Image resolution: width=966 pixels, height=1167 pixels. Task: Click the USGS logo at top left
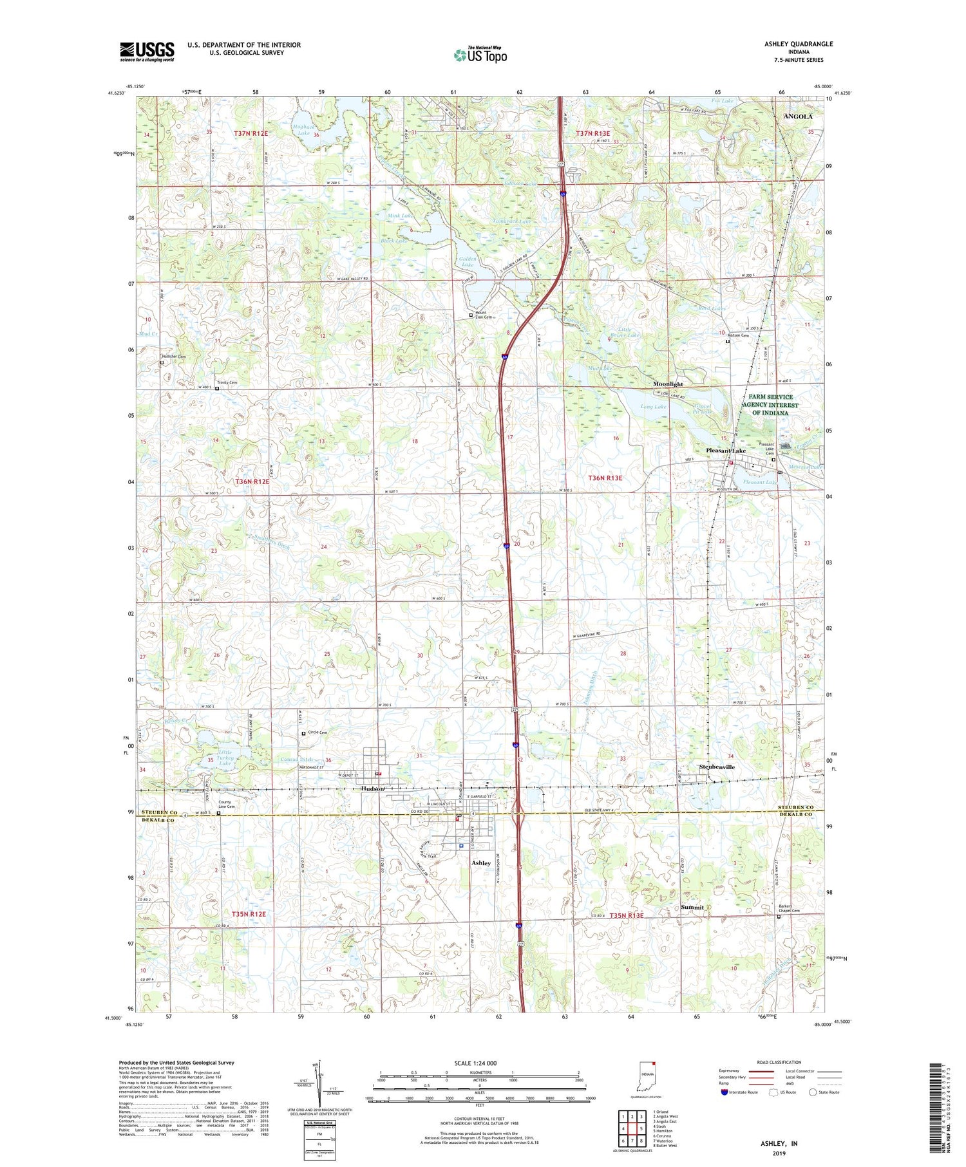(147, 51)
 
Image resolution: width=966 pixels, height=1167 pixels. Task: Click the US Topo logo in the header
(480, 55)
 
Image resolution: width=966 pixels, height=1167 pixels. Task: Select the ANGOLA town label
(797, 117)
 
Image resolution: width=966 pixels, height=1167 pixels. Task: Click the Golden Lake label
(468, 261)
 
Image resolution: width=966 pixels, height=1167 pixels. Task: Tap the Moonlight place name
(668, 384)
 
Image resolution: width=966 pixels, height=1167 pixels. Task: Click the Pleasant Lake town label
(726, 451)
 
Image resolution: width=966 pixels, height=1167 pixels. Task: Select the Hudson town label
(372, 789)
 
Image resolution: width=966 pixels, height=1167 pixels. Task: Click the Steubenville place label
(717, 767)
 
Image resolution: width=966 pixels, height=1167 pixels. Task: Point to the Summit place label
(692, 907)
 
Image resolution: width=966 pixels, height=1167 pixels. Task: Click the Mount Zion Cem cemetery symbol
(471, 315)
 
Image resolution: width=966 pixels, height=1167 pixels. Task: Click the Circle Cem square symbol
(304, 733)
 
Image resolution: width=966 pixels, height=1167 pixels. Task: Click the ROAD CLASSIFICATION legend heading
(779, 1062)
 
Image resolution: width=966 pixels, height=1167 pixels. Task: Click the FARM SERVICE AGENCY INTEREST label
(770, 405)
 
